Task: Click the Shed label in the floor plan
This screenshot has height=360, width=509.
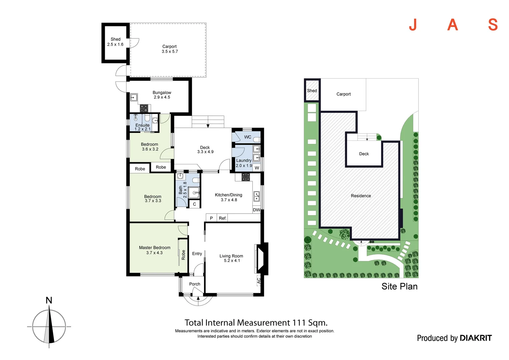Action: coord(115,39)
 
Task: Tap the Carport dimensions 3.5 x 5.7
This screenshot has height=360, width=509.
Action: coord(170,52)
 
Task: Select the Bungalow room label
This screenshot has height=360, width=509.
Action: coord(162,93)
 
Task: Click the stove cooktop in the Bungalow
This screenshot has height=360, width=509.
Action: coord(144,108)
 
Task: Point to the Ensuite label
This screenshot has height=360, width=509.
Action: coord(142,125)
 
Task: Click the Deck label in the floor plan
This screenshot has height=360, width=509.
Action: coord(205,147)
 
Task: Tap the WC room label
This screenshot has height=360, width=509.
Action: coord(248,137)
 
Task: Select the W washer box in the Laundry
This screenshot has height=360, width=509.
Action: coord(257,168)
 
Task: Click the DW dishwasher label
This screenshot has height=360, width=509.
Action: coord(256,210)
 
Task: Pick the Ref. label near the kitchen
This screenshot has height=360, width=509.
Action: coord(223,218)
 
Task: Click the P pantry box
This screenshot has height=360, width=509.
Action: coord(211,218)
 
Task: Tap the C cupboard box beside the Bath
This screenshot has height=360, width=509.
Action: coord(195,204)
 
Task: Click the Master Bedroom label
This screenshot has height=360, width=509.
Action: coord(155,248)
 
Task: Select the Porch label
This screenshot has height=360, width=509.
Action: coord(195,284)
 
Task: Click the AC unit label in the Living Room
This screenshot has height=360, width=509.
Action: coord(258,281)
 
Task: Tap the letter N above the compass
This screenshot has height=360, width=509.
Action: coord(49,300)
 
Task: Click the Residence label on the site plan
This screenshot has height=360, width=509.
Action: coord(361,196)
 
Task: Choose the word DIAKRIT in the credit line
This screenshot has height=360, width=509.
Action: coord(475,338)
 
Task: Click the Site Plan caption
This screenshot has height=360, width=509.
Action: coord(399,286)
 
